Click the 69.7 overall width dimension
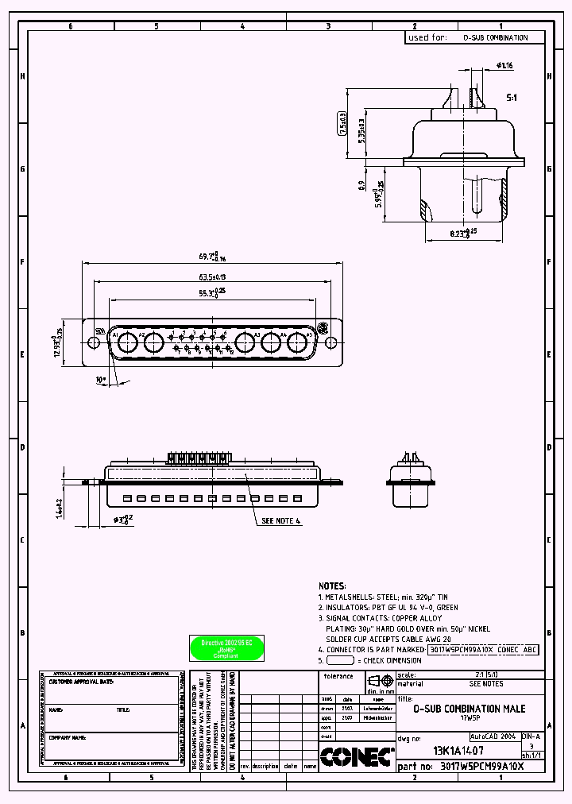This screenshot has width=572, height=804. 211,257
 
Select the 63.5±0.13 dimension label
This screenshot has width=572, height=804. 211,277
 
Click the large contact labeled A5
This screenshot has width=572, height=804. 299,342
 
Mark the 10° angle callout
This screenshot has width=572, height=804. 101,381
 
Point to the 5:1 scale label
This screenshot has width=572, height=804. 512,97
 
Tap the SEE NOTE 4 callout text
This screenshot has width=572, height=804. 282,522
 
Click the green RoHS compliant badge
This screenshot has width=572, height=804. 226,648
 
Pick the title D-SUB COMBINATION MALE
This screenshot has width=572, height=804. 469,709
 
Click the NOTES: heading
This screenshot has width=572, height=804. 333,585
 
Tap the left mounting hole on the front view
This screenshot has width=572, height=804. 93,343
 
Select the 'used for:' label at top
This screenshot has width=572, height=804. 427,37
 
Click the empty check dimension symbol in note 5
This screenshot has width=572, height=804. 340,660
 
